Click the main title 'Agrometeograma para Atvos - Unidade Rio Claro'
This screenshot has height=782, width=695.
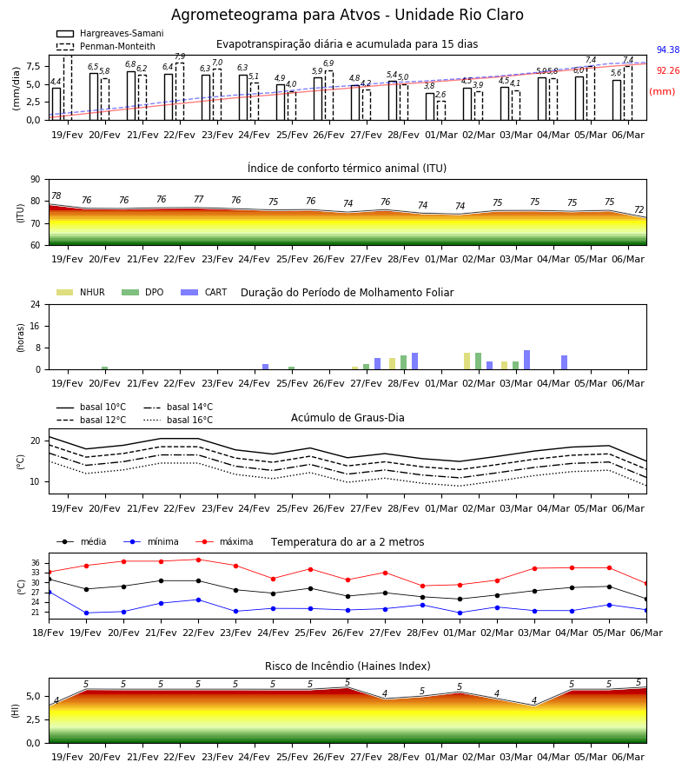[347, 15]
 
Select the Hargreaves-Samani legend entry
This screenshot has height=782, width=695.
[110, 33]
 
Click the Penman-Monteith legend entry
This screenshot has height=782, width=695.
[106, 46]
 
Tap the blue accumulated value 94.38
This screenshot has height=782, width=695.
[668, 50]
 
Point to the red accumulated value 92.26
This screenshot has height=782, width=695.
[668, 71]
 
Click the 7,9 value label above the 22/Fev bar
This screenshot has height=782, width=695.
[180, 56]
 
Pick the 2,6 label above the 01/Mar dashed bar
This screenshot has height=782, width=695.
[440, 94]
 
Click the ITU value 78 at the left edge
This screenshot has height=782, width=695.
[56, 195]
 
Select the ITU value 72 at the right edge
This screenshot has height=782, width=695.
[639, 209]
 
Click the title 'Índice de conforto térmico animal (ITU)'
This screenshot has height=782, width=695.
[347, 168]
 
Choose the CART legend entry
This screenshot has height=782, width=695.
[204, 292]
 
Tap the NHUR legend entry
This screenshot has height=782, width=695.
[81, 292]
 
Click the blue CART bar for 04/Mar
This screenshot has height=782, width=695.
[565, 362]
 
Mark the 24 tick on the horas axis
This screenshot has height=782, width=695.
[36, 304]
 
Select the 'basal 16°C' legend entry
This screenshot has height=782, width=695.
[178, 420]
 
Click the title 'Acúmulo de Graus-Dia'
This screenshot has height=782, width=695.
[347, 417]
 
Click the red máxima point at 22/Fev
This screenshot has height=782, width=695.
[198, 560]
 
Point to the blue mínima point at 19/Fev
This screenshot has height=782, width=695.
[86, 613]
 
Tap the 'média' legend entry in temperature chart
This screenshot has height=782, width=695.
[82, 541]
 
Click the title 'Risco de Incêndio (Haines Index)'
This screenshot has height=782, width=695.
[347, 666]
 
